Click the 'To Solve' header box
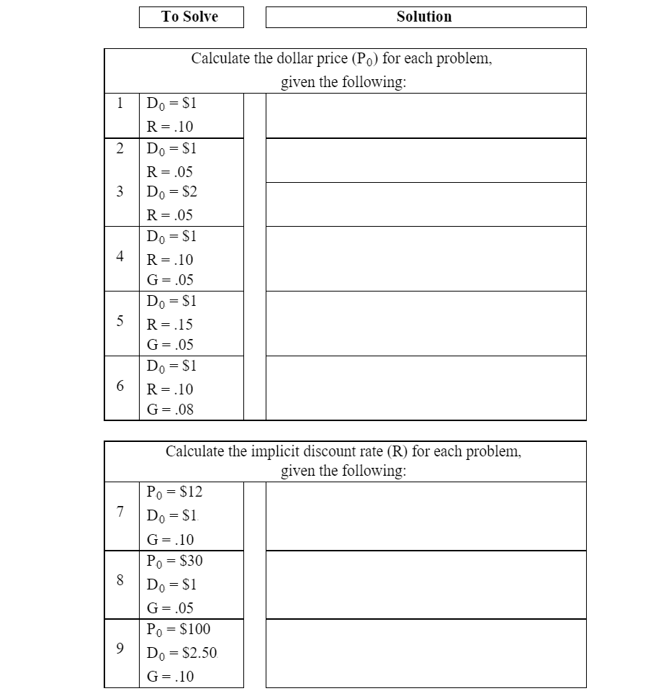[191, 17]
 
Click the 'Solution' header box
[425, 17]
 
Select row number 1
[120, 103]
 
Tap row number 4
[120, 256]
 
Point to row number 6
[120, 386]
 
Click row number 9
[120, 649]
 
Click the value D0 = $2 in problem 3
[171, 192]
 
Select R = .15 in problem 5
[170, 324]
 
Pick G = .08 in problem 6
[170, 410]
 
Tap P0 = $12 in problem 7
[174, 492]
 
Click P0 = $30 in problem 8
[174, 561]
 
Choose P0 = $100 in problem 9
[178, 629]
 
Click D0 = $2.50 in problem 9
[181, 654]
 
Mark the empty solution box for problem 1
[426, 115]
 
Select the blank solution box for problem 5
[426, 323]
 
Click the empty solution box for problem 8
[426, 584]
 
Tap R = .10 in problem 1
[170, 127]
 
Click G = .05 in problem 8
[170, 608]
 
